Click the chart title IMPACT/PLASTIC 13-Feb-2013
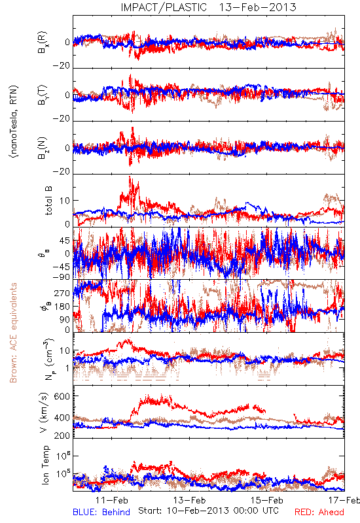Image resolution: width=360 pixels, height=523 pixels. click(x=208, y=7)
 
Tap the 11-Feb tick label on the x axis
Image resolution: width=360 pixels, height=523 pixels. click(x=112, y=500)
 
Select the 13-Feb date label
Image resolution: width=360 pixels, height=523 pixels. click(x=189, y=500)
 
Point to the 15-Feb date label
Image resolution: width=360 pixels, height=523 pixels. click(x=267, y=500)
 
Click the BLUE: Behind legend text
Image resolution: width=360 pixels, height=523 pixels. click(x=101, y=512)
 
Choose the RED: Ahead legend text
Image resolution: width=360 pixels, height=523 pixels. click(x=319, y=512)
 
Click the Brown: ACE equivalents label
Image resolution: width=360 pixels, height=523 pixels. click(x=13, y=333)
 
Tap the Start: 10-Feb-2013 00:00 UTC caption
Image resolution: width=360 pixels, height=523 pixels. click(x=208, y=511)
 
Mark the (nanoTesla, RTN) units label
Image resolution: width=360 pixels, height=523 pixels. click(x=14, y=122)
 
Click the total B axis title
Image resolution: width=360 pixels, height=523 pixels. click(x=48, y=200)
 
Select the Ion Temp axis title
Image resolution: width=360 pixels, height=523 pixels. click(x=45, y=465)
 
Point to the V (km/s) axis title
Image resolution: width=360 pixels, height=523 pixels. click(x=44, y=413)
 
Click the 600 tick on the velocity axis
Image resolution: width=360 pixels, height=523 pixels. click(x=62, y=396)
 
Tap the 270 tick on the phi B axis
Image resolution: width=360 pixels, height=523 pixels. click(x=62, y=293)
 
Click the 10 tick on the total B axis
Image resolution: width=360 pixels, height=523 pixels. click(x=65, y=201)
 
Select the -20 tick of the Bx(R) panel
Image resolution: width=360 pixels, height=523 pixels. click(x=61, y=66)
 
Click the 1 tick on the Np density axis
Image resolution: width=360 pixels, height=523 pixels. click(x=68, y=368)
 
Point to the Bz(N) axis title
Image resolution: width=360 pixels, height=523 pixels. click(x=43, y=148)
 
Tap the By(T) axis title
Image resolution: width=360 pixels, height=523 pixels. click(x=43, y=95)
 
